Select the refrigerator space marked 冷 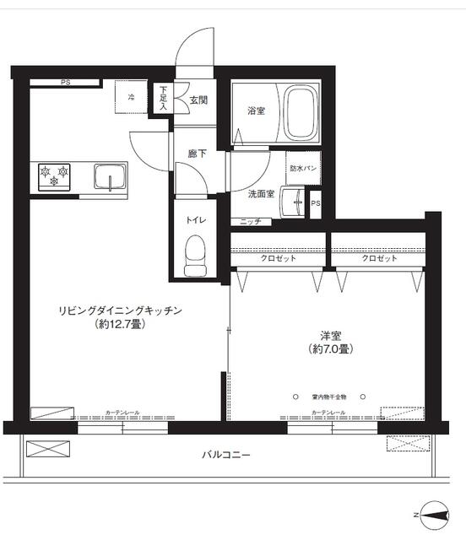(x=132, y=98)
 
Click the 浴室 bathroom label (x=257, y=111)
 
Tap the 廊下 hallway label (x=198, y=154)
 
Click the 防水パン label (x=303, y=169)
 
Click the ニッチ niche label (x=251, y=222)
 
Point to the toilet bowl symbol (x=195, y=253)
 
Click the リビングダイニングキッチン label (x=121, y=310)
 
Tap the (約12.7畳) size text (x=119, y=324)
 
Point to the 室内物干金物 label (x=329, y=396)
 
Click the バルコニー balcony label (x=225, y=455)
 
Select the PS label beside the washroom (x=316, y=203)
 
